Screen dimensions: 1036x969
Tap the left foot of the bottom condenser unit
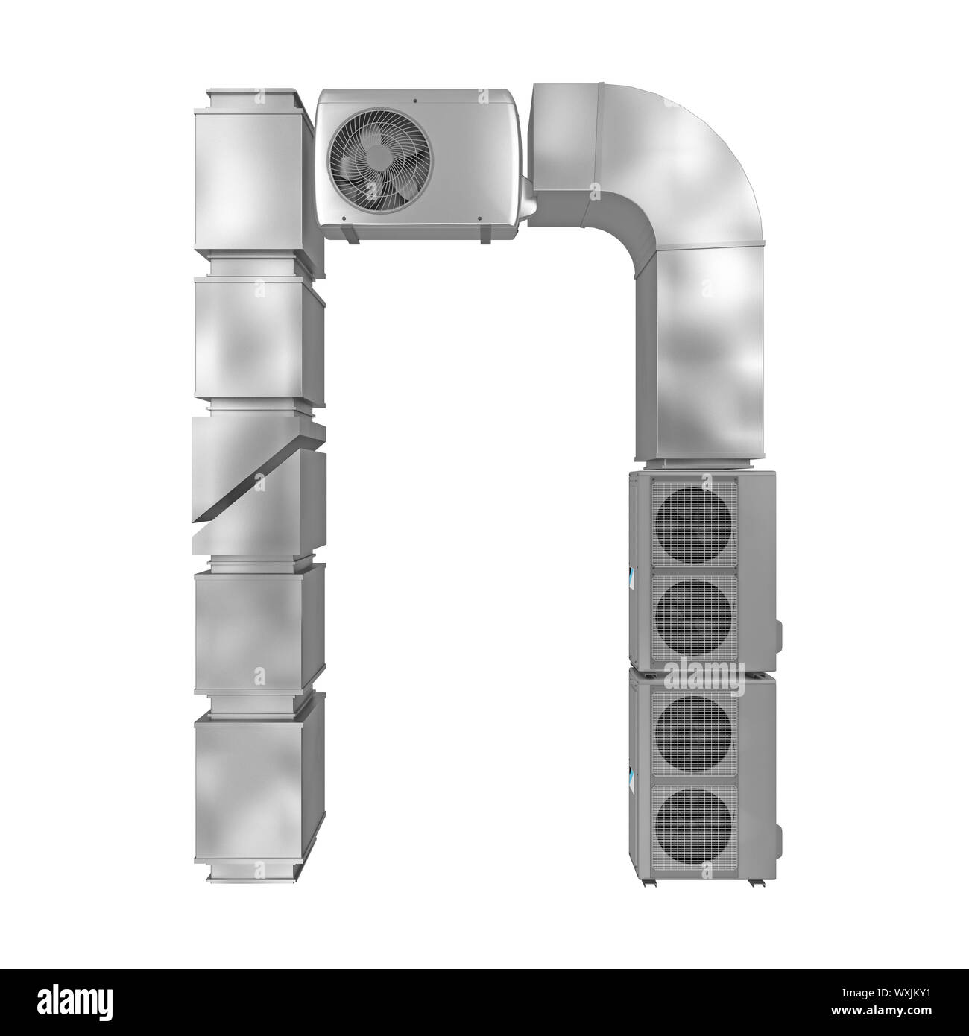[x=648, y=882]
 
